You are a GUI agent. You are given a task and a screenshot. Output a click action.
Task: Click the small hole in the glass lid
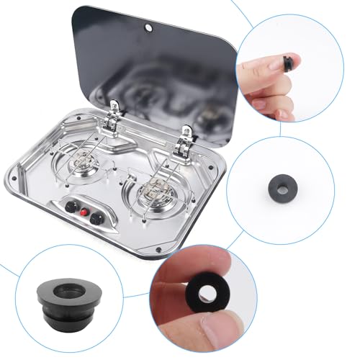click(x=148, y=28)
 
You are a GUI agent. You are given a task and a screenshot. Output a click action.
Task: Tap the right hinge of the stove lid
click(x=187, y=136)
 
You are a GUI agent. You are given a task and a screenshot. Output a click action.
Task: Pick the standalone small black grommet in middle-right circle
click(x=280, y=184)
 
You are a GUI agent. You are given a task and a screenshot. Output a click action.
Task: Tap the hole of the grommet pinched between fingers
click(x=212, y=293)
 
